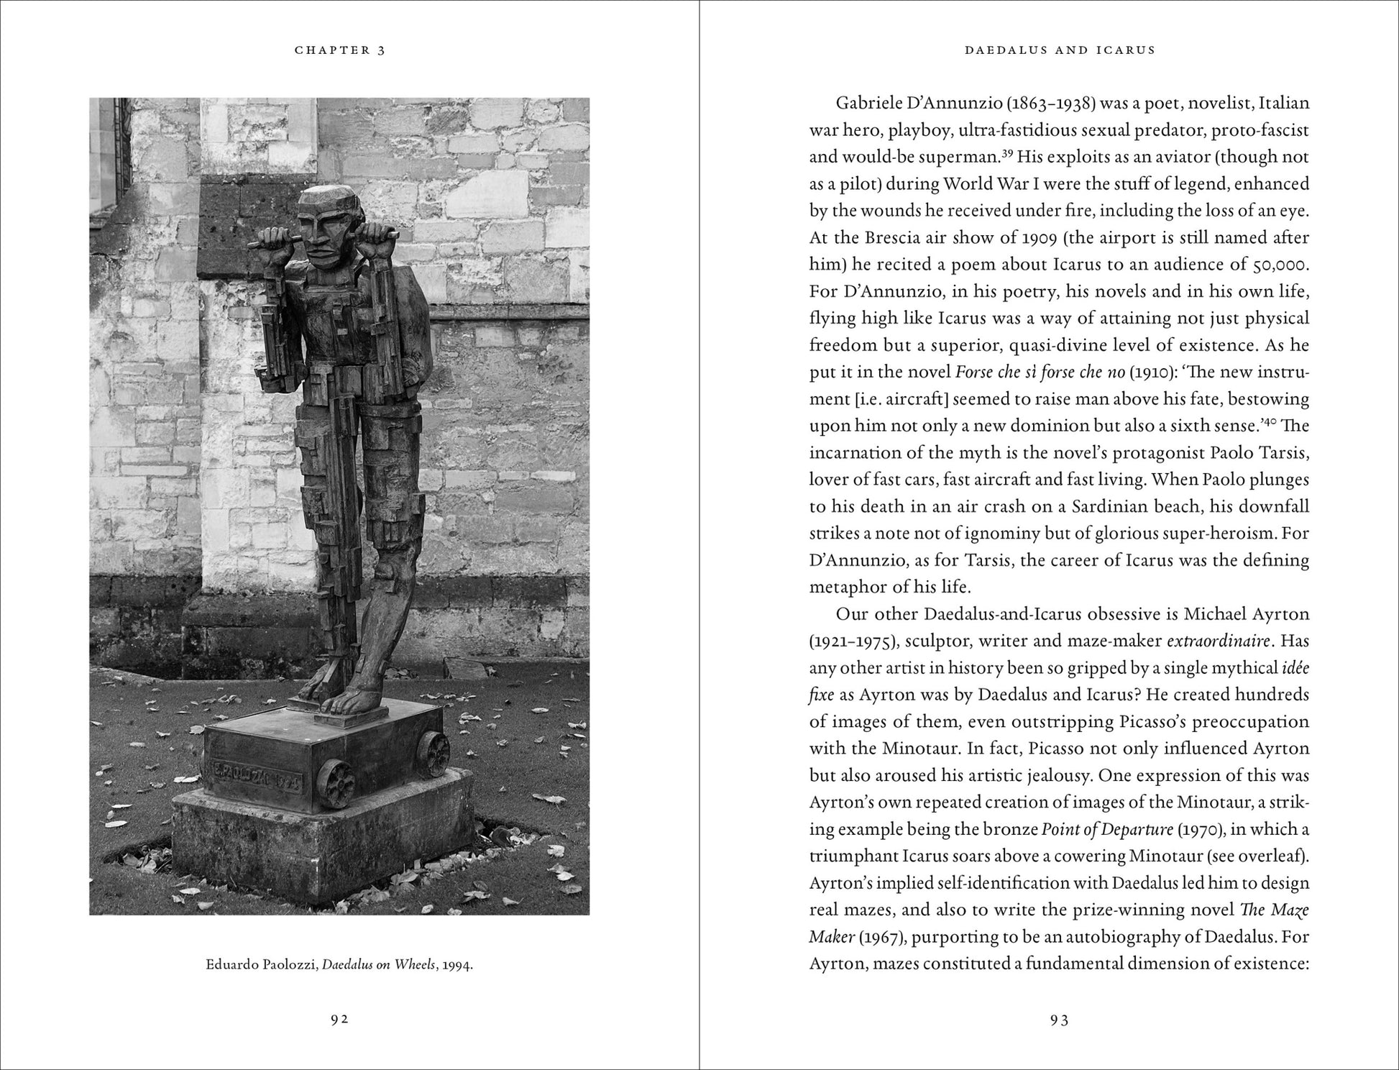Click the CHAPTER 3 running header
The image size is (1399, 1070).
339,50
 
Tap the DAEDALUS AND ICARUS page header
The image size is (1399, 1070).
1060,50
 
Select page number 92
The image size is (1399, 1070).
339,1019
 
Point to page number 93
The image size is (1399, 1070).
1060,1019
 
